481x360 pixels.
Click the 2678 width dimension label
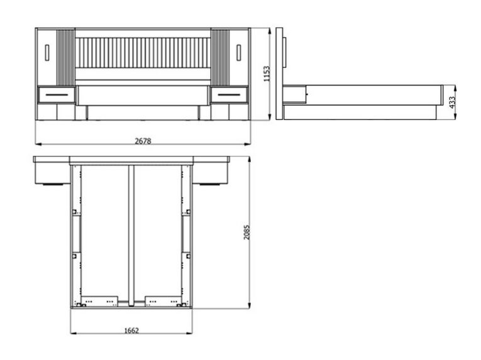point(143,141)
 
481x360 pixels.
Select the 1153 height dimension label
point(267,74)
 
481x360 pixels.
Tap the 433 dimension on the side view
point(452,102)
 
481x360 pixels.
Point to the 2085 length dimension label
point(246,232)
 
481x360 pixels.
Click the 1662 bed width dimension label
point(131,330)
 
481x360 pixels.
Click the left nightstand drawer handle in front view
point(57,95)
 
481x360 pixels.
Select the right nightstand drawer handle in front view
point(229,95)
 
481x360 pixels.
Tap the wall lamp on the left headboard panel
point(47,52)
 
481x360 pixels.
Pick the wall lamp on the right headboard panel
point(239,52)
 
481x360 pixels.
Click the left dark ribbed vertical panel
point(65,57)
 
